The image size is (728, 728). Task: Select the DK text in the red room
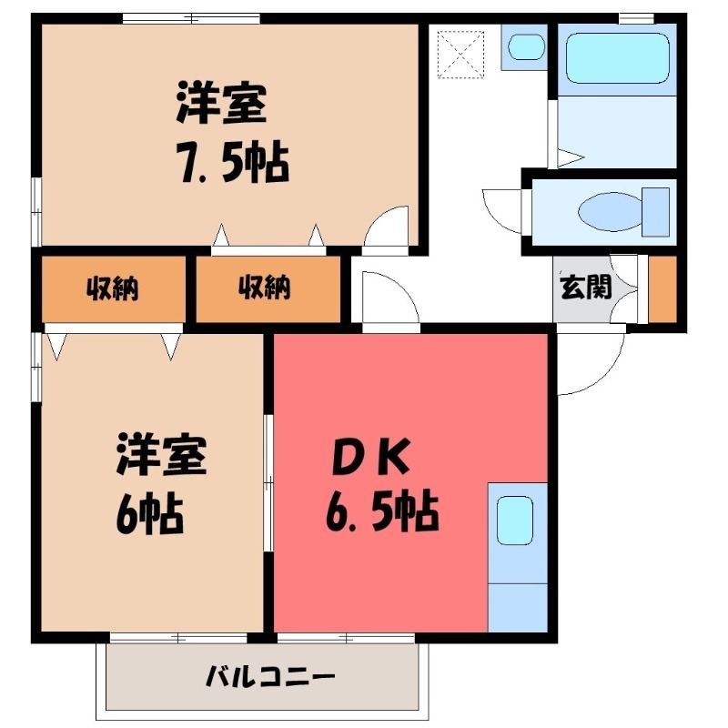[371, 457]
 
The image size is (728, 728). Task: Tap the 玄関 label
[586, 288]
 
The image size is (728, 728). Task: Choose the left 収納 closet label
[112, 288]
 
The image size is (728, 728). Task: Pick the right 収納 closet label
[265, 288]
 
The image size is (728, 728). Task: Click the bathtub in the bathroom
[617, 58]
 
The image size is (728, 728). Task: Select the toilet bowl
[610, 212]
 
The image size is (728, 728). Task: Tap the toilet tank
[655, 212]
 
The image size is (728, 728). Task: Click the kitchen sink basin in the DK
[515, 520]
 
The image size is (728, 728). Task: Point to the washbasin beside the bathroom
[526, 47]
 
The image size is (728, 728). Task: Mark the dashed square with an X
[460, 54]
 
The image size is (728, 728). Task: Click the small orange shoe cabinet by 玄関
[662, 288]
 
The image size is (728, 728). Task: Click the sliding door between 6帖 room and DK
[268, 483]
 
